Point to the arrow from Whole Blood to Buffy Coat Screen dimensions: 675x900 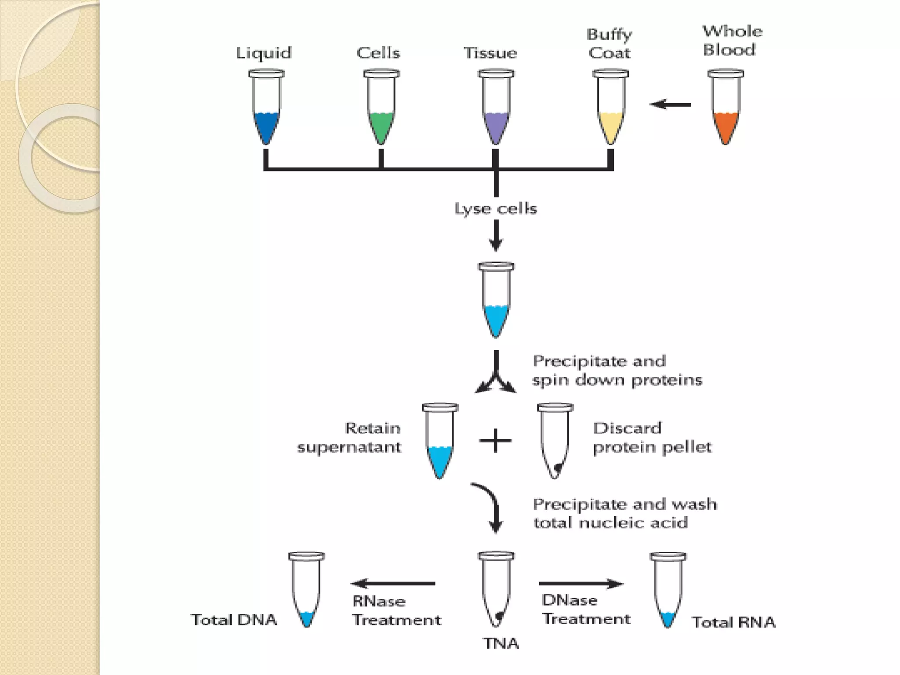coord(670,105)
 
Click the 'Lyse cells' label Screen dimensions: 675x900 coord(496,208)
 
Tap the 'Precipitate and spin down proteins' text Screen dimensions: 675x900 coord(617,370)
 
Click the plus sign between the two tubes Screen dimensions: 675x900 coord(495,440)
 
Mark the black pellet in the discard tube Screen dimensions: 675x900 coord(557,469)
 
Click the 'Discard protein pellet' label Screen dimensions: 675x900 coord(652,438)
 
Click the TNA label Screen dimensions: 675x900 coord(501,643)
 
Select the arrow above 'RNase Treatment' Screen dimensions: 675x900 coord(393,584)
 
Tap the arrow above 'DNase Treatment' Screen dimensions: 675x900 coord(581,584)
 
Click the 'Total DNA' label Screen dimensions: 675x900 coord(234,620)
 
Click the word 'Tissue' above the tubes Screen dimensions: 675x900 coord(490,53)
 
